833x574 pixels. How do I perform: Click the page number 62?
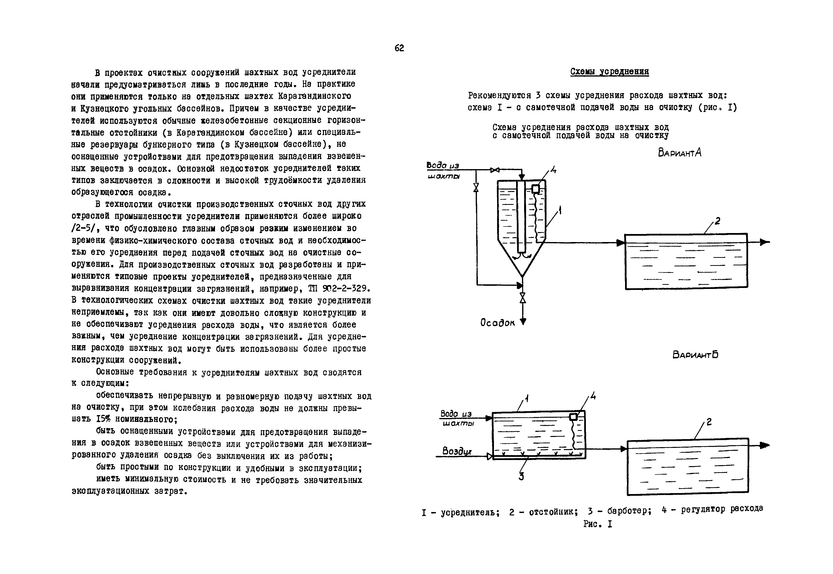[399, 48]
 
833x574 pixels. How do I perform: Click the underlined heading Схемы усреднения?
[609, 72]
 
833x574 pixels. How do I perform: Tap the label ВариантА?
[679, 153]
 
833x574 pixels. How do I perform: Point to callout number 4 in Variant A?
[553, 169]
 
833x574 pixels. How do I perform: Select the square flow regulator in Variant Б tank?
[573, 417]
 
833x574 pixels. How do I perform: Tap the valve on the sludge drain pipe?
[523, 298]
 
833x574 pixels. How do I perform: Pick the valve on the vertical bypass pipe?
[476, 187]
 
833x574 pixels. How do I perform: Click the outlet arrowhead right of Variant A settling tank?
[764, 242]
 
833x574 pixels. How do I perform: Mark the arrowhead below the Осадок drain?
[523, 322]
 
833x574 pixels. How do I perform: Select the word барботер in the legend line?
[629, 511]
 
